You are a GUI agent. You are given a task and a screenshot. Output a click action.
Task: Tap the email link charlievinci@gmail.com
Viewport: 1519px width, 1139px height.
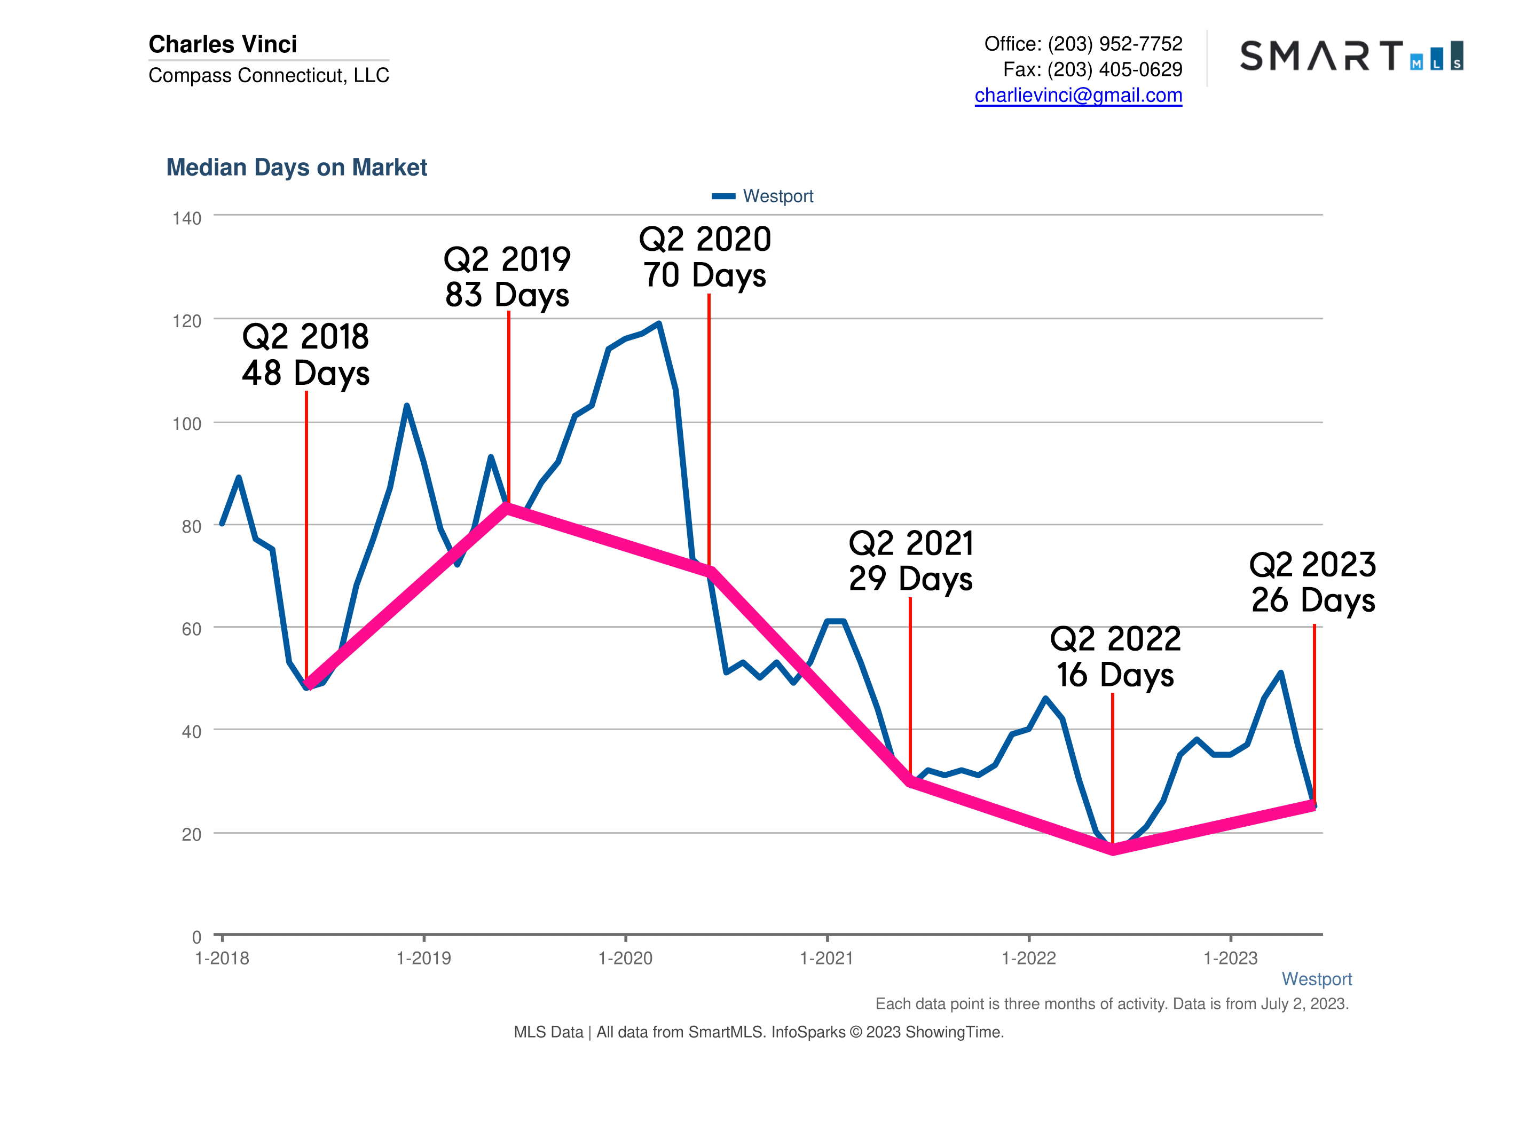1077,96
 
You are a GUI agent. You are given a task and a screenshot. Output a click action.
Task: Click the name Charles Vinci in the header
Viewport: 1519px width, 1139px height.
223,44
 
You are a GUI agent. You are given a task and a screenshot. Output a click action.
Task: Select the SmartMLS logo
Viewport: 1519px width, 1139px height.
1350,56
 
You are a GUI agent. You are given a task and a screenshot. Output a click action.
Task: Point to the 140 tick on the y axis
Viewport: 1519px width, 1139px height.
186,218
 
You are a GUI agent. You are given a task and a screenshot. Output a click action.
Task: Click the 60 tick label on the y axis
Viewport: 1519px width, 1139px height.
191,629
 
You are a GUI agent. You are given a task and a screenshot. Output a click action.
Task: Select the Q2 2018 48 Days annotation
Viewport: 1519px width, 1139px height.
305,354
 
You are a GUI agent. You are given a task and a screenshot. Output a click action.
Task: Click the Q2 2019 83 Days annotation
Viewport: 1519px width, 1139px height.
507,276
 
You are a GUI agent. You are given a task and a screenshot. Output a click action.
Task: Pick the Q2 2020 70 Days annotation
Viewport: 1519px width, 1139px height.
705,257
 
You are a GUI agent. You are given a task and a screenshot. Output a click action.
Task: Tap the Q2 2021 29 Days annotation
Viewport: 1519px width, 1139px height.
910,560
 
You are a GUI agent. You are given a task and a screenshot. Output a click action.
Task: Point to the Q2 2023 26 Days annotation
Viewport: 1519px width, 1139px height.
1312,582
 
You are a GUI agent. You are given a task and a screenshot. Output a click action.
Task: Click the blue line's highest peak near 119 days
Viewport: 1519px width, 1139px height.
658,323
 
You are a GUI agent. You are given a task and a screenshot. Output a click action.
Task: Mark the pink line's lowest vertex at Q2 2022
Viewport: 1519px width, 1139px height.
1113,850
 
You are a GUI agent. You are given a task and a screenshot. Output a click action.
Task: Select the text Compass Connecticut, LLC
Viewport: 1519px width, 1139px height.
269,75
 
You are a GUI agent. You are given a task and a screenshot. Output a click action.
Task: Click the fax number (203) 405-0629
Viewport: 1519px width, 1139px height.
1114,69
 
